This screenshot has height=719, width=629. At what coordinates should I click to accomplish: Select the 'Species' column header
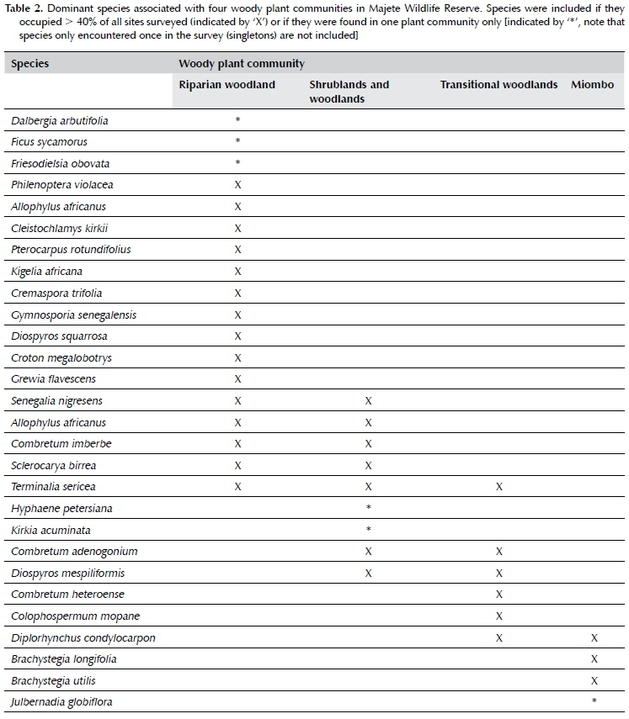[29, 63]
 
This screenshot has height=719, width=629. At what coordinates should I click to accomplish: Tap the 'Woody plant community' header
[241, 63]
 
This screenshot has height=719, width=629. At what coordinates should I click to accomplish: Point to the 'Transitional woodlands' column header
[498, 85]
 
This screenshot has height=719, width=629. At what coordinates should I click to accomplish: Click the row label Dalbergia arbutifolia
[60, 121]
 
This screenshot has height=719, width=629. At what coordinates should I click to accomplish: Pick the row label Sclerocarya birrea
[54, 465]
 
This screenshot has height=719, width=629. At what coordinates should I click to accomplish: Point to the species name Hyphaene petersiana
[61, 509]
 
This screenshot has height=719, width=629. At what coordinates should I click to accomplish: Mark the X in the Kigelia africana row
[238, 272]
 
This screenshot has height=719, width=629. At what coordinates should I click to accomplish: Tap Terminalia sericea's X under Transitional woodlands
[498, 487]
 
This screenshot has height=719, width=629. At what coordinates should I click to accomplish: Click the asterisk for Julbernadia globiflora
[594, 702]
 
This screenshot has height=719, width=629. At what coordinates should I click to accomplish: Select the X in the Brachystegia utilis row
[594, 680]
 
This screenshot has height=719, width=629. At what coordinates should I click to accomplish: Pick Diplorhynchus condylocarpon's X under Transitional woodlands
[498, 637]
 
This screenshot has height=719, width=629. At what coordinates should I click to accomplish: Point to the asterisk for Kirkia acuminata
[368, 531]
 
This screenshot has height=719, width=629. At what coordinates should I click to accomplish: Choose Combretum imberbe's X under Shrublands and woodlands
[368, 444]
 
